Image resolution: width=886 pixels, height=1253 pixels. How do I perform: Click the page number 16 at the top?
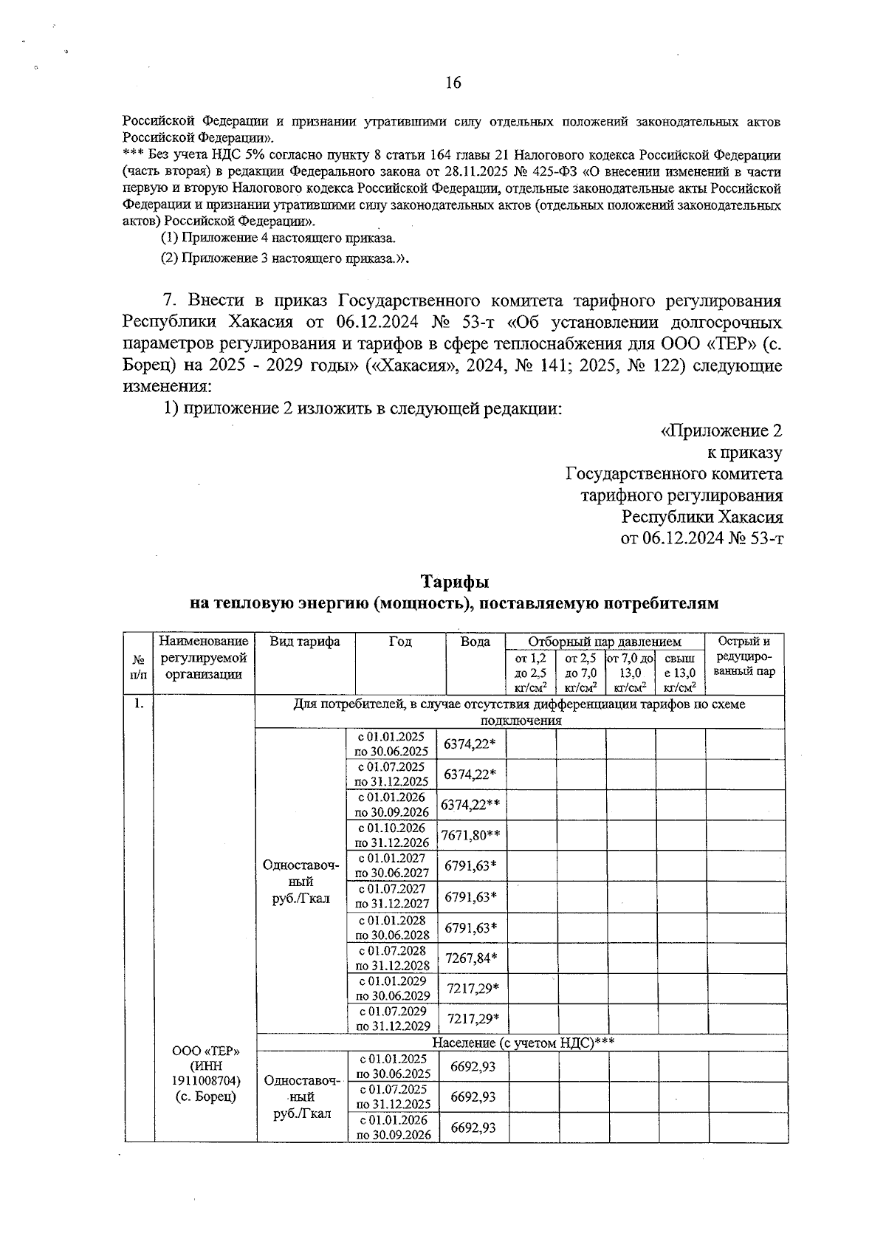tap(453, 83)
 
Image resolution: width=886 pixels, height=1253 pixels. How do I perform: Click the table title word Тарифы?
tap(454, 583)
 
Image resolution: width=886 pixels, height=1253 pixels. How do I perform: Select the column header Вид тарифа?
tap(304, 642)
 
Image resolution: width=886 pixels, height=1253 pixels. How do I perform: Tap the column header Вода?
tap(475, 642)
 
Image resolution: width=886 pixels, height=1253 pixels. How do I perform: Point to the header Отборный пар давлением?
tap(605, 642)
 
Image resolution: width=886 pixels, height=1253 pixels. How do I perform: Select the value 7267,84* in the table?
tap(472, 958)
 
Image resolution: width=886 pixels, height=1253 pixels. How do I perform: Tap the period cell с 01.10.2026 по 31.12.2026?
tap(392, 835)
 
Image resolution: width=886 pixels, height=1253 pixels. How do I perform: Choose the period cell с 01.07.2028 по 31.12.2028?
tap(392, 958)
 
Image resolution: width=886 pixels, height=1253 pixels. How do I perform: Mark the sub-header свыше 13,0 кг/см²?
tap(680, 673)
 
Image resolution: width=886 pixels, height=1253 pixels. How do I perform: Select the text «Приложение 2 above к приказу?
tap(721, 430)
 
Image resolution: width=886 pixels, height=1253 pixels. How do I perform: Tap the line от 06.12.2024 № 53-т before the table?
tap(701, 538)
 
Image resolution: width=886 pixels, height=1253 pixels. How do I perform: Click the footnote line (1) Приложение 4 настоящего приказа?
tap(278, 238)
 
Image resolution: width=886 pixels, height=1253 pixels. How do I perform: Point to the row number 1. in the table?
tap(138, 704)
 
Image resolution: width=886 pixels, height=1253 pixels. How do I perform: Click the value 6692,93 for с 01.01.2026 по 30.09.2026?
tap(473, 1127)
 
